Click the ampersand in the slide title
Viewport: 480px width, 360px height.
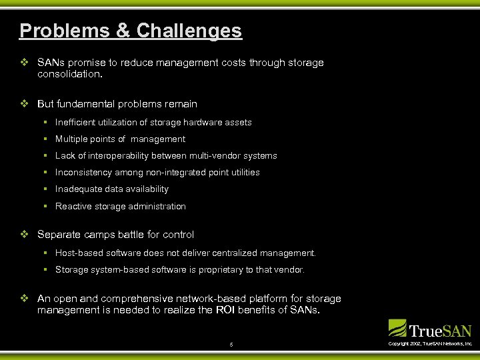tap(122, 31)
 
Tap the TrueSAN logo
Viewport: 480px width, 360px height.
tap(430, 329)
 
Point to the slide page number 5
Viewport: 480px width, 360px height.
tap(231, 345)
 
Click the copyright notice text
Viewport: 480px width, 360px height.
tap(430, 343)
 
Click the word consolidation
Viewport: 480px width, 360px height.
tap(69, 75)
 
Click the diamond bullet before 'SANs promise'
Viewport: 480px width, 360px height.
tap(24, 63)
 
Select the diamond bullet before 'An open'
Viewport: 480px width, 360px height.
tap(24, 299)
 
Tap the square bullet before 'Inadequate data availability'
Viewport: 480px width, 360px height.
tap(43, 189)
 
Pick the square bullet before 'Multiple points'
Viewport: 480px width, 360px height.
tap(43, 139)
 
